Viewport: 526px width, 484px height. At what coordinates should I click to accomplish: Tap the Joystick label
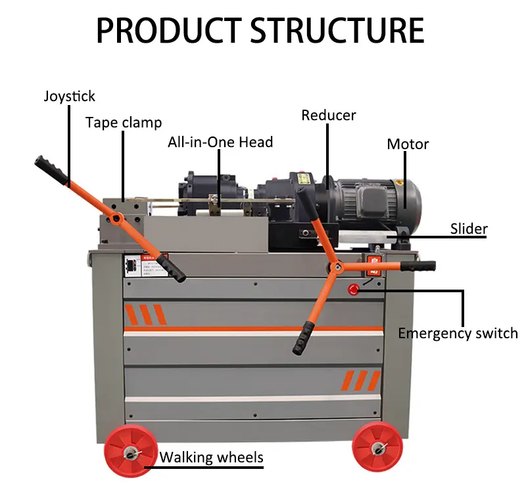click(70, 96)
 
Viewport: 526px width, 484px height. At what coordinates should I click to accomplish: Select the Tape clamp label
click(123, 123)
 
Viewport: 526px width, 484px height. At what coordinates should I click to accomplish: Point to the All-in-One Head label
click(220, 142)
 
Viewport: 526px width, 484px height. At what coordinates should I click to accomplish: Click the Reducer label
click(329, 116)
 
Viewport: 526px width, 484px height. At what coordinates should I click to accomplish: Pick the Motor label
click(408, 144)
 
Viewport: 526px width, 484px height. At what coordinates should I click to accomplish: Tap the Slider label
click(469, 229)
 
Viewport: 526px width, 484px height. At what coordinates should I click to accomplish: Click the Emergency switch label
click(458, 333)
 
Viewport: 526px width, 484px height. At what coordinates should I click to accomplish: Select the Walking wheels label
click(212, 457)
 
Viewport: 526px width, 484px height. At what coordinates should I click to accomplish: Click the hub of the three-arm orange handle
click(335, 267)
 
